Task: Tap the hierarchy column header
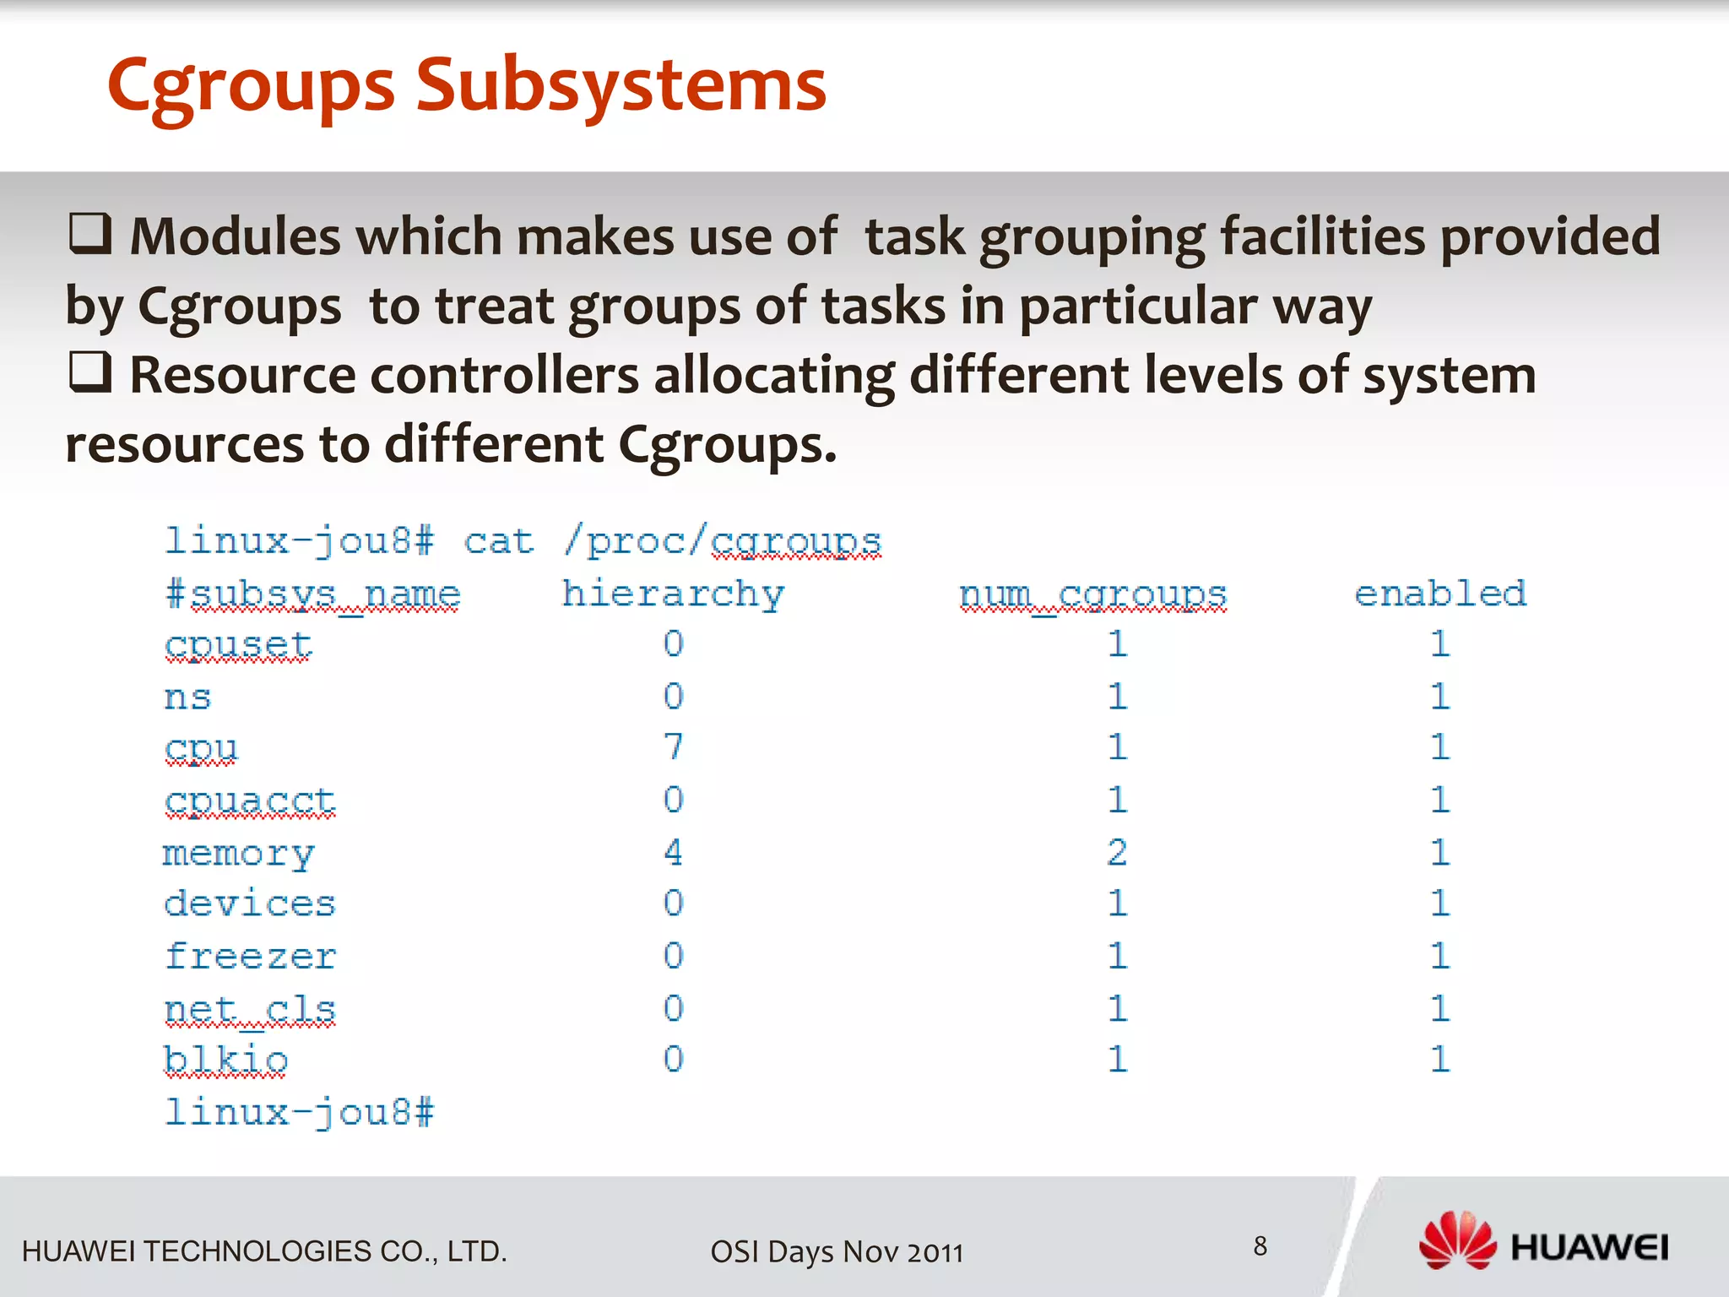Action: tap(673, 594)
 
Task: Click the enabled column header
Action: tap(1440, 594)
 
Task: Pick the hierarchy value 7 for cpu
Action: tap(673, 747)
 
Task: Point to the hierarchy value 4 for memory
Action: tap(673, 852)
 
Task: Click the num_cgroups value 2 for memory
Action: tap(1117, 852)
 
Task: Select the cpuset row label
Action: tap(238, 645)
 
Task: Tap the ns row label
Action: tap(187, 697)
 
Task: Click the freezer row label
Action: tap(250, 956)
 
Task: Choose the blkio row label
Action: tap(225, 1060)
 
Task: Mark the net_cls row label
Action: tap(250, 1008)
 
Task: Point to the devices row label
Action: tap(250, 904)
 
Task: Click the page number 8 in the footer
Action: tap(1260, 1245)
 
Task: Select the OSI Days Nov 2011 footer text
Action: tap(837, 1251)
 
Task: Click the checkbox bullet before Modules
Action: tap(89, 234)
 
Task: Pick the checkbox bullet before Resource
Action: tap(89, 372)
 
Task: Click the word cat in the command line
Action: tap(498, 541)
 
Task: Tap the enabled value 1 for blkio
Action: tap(1440, 1060)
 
